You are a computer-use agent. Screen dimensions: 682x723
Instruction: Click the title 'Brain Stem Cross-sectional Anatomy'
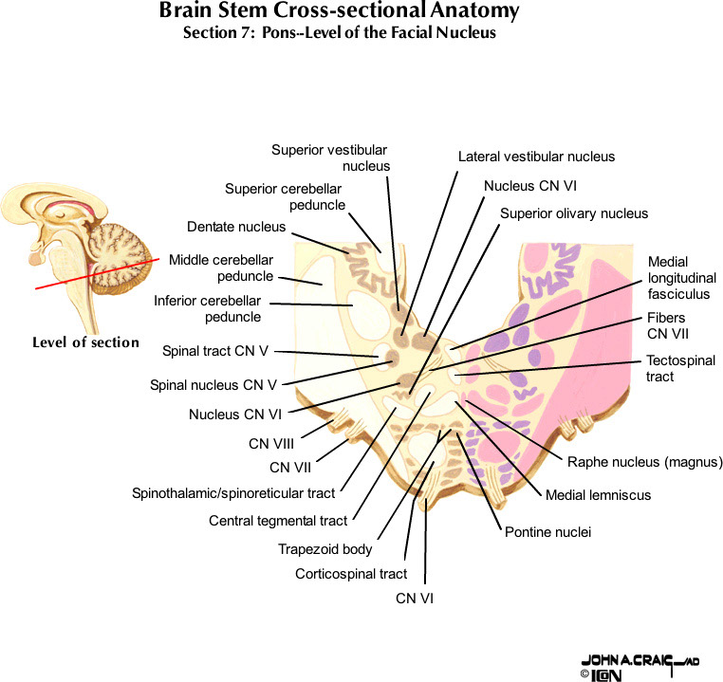click(x=340, y=12)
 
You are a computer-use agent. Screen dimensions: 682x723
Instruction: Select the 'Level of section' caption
click(x=85, y=342)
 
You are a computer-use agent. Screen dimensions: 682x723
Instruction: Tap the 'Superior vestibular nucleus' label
click(x=330, y=157)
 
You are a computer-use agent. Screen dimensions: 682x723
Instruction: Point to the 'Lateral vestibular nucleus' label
click(x=536, y=157)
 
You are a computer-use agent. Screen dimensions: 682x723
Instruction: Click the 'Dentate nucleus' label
click(x=236, y=227)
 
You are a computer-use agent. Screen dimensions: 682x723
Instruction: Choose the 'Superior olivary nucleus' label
click(x=574, y=213)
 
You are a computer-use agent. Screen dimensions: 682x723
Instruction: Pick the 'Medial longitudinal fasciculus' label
click(x=678, y=278)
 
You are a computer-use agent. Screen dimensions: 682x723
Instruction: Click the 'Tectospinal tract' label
click(x=680, y=368)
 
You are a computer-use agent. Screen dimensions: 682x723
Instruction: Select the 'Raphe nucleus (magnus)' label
click(x=645, y=463)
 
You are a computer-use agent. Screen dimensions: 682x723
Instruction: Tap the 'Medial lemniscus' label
click(x=598, y=495)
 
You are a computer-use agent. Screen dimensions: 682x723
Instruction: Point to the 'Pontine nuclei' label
click(x=547, y=532)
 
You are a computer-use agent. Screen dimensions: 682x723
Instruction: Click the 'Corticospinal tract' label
click(x=351, y=574)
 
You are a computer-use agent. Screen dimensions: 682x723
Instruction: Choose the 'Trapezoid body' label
click(x=324, y=549)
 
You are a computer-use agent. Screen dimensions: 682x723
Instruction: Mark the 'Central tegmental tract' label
click(x=278, y=521)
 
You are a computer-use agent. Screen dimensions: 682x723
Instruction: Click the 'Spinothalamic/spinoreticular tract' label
click(x=233, y=493)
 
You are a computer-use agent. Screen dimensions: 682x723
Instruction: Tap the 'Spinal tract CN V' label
click(x=215, y=351)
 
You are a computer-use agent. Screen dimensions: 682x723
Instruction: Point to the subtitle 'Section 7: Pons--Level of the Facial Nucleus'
click(x=340, y=33)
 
